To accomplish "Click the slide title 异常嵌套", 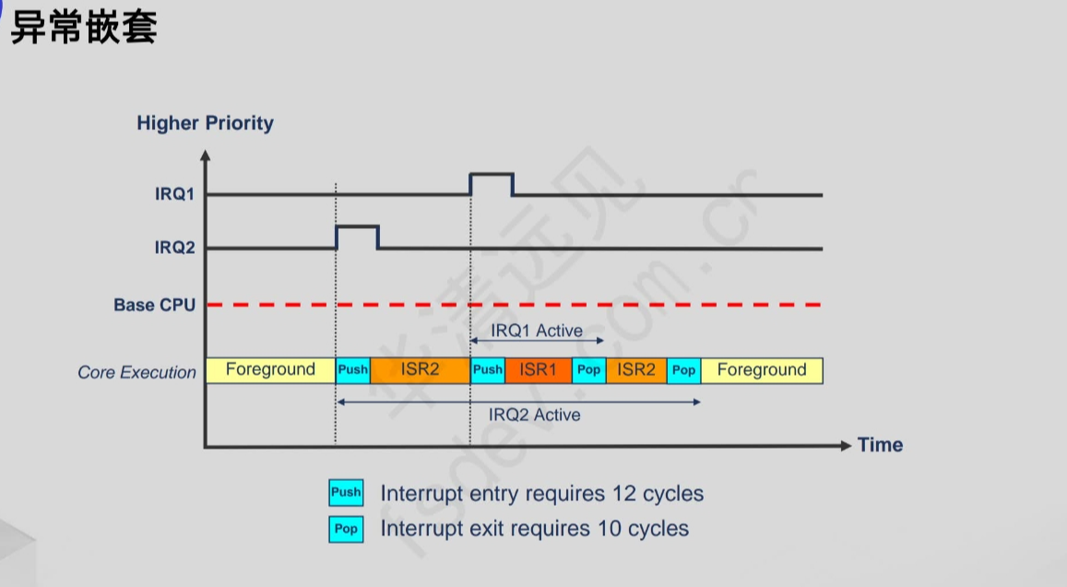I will click(84, 28).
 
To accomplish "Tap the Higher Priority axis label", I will click(205, 123).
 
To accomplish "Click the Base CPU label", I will click(154, 305).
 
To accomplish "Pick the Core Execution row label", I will click(136, 372).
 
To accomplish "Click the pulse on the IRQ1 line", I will click(491, 175).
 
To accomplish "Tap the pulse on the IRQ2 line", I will click(357, 228).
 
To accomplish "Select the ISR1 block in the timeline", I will click(539, 370).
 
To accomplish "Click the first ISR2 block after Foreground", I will click(421, 370).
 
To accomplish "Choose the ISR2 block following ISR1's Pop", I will click(636, 370).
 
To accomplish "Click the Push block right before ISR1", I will click(488, 370).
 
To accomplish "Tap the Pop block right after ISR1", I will click(588, 370).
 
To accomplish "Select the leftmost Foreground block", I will click(270, 370).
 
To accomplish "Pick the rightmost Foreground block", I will click(762, 370).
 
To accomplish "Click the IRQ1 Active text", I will click(537, 330).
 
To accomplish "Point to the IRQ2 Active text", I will click(535, 414).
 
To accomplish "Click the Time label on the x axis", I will click(880, 445).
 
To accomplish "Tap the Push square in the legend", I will click(346, 493).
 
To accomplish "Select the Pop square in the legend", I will click(346, 530).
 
